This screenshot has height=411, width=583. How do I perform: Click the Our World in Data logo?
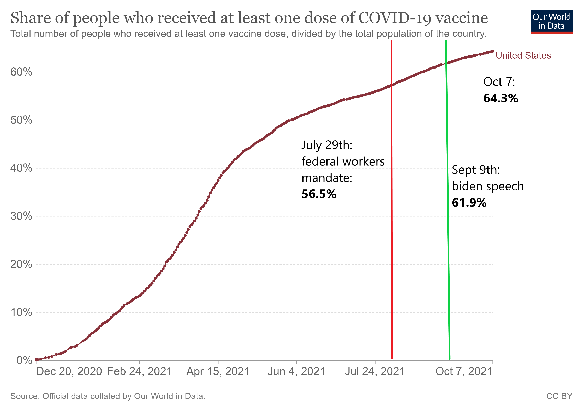(551, 22)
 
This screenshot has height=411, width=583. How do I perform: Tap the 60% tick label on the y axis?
(21, 72)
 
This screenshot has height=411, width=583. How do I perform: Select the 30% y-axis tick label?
(21, 216)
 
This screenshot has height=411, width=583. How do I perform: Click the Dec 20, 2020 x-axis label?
(69, 371)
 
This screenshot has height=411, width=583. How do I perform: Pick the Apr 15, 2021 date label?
(218, 371)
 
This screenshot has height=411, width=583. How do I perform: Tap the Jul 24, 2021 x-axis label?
(375, 371)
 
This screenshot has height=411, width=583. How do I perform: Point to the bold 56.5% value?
(319, 194)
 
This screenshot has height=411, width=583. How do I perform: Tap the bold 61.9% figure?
(469, 203)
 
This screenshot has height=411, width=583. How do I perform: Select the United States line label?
(523, 55)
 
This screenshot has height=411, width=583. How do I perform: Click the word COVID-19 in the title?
(394, 18)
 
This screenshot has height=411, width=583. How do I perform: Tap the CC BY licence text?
(559, 396)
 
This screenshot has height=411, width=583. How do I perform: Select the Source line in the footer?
(108, 396)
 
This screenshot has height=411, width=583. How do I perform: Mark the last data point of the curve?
(493, 51)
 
